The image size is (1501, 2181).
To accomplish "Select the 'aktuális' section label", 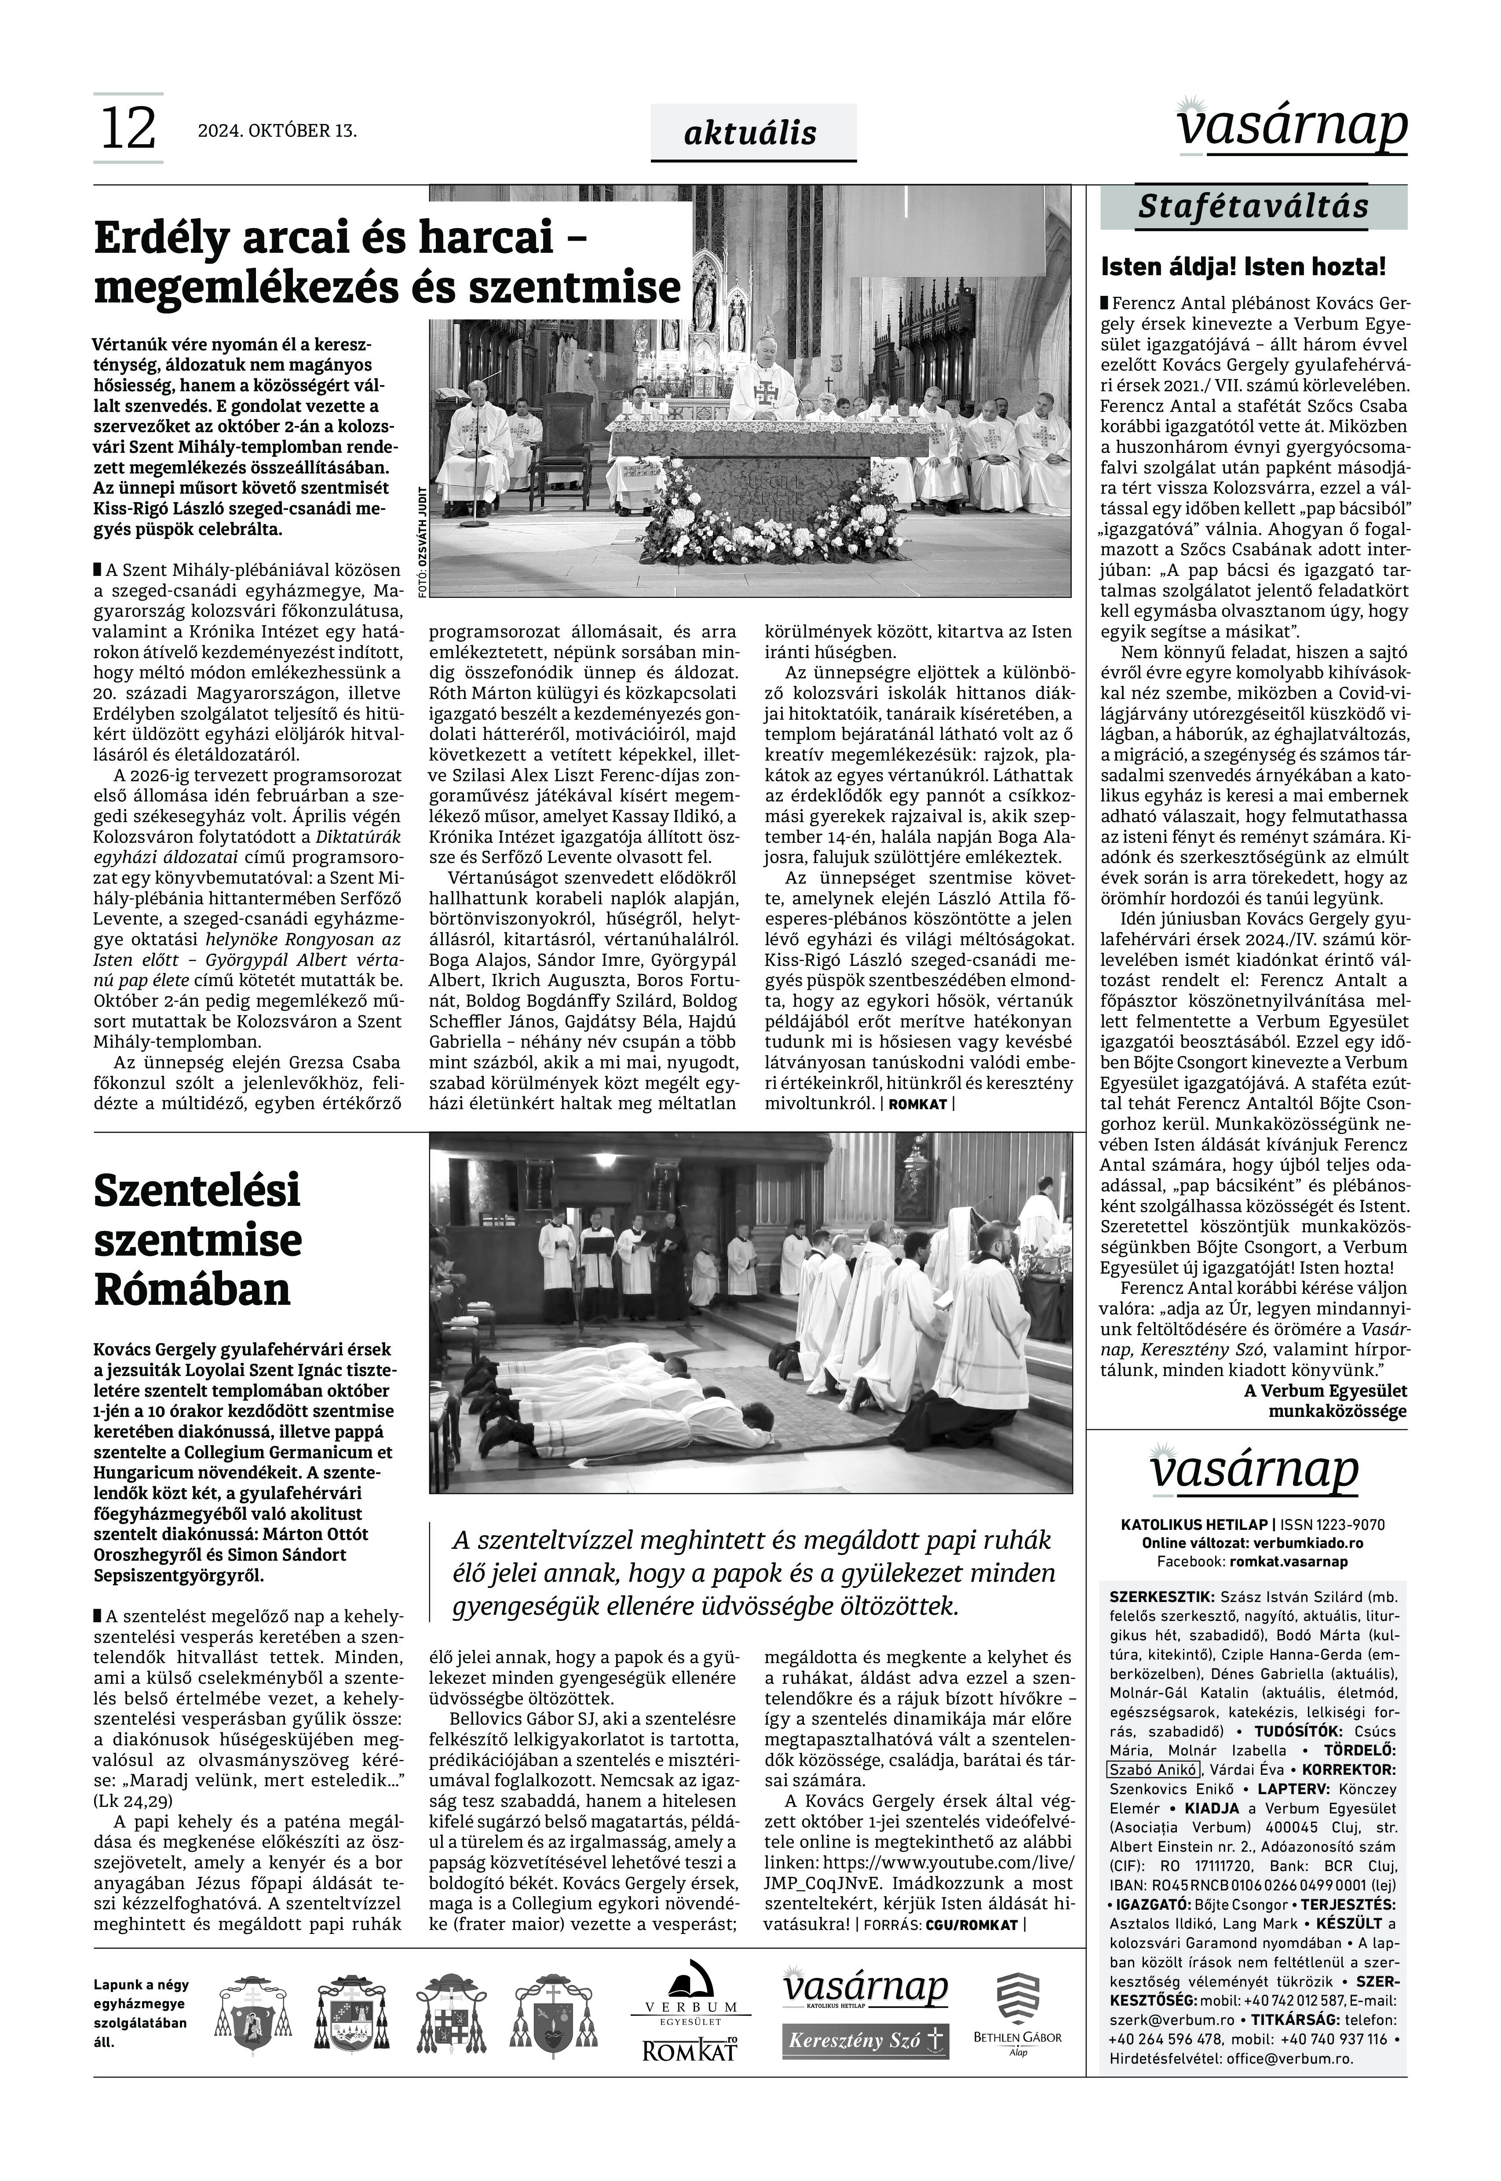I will [x=750, y=134].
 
